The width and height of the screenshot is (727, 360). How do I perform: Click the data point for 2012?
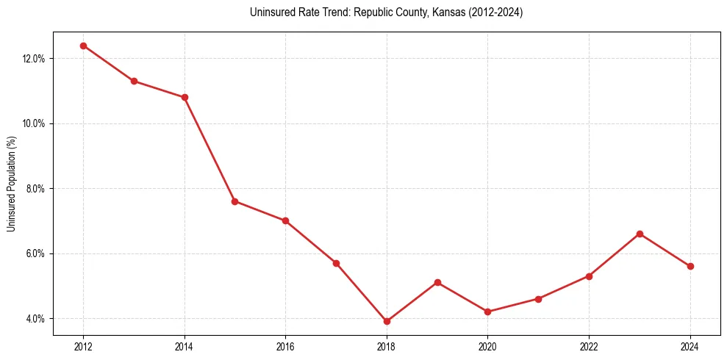tap(83, 46)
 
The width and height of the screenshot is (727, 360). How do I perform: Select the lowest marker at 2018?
tap(387, 321)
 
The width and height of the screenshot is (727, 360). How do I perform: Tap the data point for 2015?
tap(234, 201)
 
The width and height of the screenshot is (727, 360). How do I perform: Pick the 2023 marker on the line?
tap(640, 234)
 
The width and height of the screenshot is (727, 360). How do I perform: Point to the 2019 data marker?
tap(437, 282)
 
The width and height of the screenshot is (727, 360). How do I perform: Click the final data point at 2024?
tap(690, 266)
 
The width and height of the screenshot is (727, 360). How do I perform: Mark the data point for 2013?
tap(134, 81)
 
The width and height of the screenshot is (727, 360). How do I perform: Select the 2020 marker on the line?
tap(488, 312)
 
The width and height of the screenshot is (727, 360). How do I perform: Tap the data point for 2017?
tap(336, 263)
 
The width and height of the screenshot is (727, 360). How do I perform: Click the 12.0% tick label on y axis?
tap(35, 59)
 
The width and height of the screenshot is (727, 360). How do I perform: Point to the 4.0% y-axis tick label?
tap(36, 319)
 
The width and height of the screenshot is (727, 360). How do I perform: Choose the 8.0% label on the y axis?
tap(36, 189)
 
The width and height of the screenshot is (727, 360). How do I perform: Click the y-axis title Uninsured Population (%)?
tap(12, 184)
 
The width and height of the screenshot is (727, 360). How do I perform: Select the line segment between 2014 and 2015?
tap(209, 149)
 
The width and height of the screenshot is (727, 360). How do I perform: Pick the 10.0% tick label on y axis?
tap(35, 123)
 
